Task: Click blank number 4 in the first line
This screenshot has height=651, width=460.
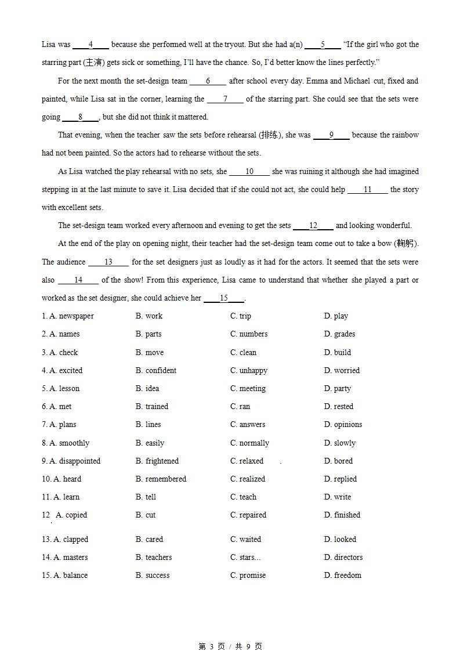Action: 91,45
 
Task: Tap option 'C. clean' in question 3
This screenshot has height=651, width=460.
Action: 243,352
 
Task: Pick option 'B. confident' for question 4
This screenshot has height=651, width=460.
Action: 156,370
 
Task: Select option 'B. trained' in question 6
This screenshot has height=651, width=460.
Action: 152,407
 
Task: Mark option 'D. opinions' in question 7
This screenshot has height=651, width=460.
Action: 343,425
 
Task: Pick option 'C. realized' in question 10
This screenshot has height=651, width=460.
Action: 248,479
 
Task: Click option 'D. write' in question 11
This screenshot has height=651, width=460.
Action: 338,497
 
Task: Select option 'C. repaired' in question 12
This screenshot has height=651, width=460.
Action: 248,515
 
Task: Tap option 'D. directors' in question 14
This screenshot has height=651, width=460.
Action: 343,558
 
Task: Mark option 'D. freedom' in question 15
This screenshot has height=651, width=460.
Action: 343,576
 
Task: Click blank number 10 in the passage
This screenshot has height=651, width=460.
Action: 249,172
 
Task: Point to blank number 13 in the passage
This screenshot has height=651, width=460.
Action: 108,262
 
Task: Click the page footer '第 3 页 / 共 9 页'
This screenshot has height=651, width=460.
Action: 230,646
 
